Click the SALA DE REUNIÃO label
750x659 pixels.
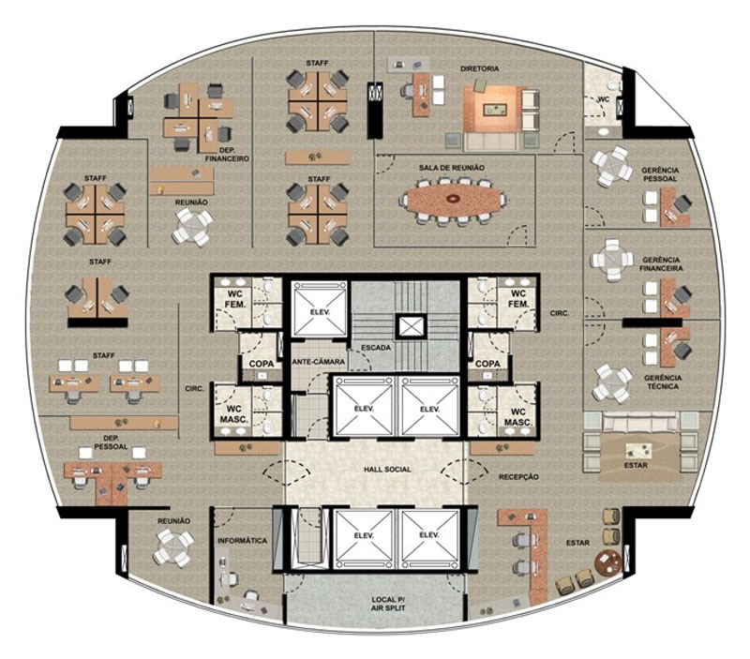coord(452,168)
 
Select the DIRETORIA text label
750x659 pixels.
coord(479,68)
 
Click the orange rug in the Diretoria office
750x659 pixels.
coord(495,109)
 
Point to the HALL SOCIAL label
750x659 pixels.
coord(387,470)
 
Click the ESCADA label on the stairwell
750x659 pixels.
coord(376,348)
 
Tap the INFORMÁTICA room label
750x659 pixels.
coord(242,541)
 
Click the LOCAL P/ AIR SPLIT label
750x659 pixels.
coord(388,604)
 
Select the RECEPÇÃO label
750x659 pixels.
coord(518,477)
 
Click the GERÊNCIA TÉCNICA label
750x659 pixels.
coord(663,382)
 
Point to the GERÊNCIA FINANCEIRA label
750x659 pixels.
coord(662,264)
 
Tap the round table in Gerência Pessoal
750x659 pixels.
coord(611,166)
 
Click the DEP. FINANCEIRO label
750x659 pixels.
coord(227,155)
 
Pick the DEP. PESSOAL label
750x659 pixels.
coord(111,442)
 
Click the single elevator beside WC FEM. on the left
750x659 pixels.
coord(319,309)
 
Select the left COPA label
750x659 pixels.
coord(262,364)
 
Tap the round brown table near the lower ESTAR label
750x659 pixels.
coord(608,562)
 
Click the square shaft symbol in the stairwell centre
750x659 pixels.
coord(412,327)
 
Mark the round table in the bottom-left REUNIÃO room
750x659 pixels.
coord(173,548)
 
